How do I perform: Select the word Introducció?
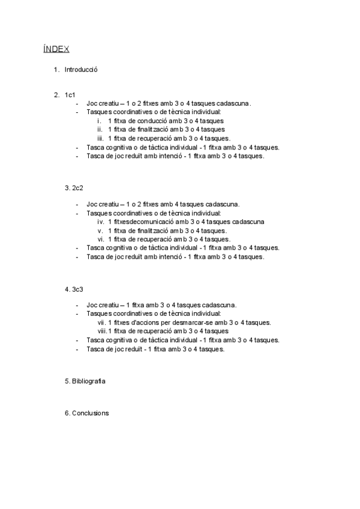pos(81,69)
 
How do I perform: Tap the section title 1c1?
pos(70,95)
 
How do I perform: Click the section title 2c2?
pos(77,188)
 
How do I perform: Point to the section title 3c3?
pos(77,289)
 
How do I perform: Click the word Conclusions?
pos(91,413)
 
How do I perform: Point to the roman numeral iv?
pos(100,221)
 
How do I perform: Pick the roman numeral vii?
pos(100,322)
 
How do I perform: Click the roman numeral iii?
pos(100,138)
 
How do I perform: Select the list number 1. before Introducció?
pos(56,69)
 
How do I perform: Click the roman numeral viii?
pos(102,331)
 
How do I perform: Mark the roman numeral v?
pos(101,230)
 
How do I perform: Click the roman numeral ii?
pos(100,129)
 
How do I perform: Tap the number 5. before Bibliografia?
pos(67,381)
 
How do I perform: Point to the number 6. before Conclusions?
pos(67,413)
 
